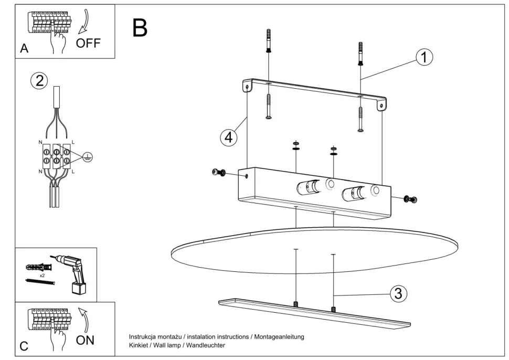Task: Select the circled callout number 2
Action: (x=39, y=80)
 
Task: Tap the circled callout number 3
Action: (x=398, y=293)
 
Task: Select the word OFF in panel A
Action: (x=88, y=43)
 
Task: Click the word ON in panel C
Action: (x=85, y=340)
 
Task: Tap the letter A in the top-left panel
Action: (x=24, y=49)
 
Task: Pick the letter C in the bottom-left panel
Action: (x=24, y=346)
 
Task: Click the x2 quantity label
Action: (x=42, y=276)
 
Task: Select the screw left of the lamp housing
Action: (x=218, y=173)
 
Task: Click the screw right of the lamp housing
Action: (x=410, y=199)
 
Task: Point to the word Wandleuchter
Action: (x=207, y=345)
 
